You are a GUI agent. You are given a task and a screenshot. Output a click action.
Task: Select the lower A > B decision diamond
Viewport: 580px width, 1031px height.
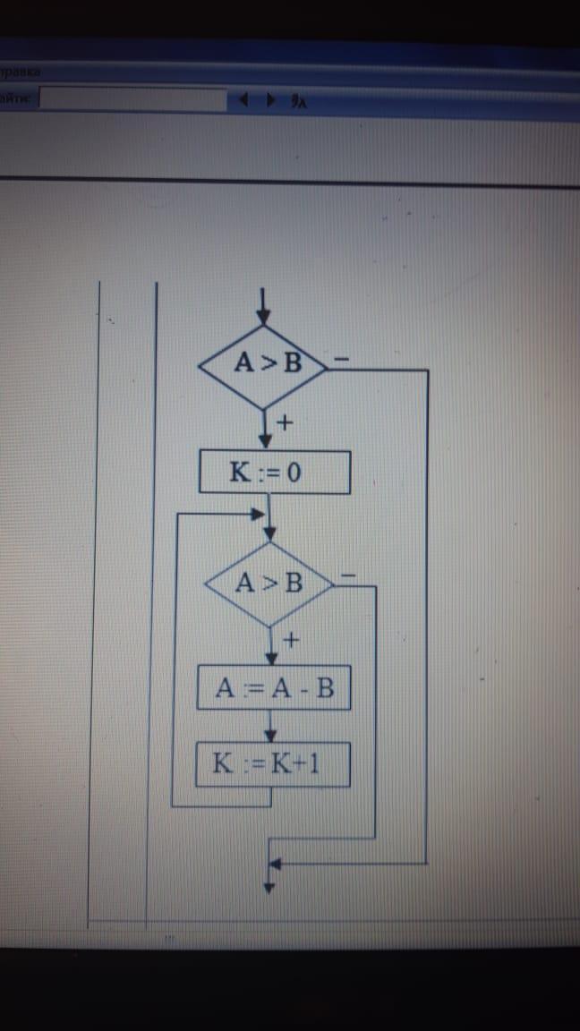point(269,584)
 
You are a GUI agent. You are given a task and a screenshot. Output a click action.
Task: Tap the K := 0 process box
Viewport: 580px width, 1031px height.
point(274,472)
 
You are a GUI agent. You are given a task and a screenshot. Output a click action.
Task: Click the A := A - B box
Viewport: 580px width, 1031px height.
point(272,688)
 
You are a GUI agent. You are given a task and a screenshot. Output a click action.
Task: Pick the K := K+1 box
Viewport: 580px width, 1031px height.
point(273,764)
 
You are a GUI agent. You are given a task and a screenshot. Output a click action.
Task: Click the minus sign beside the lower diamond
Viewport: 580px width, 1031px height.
point(349,574)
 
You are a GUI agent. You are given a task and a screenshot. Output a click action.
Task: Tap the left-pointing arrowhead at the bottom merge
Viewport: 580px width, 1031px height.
point(276,865)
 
